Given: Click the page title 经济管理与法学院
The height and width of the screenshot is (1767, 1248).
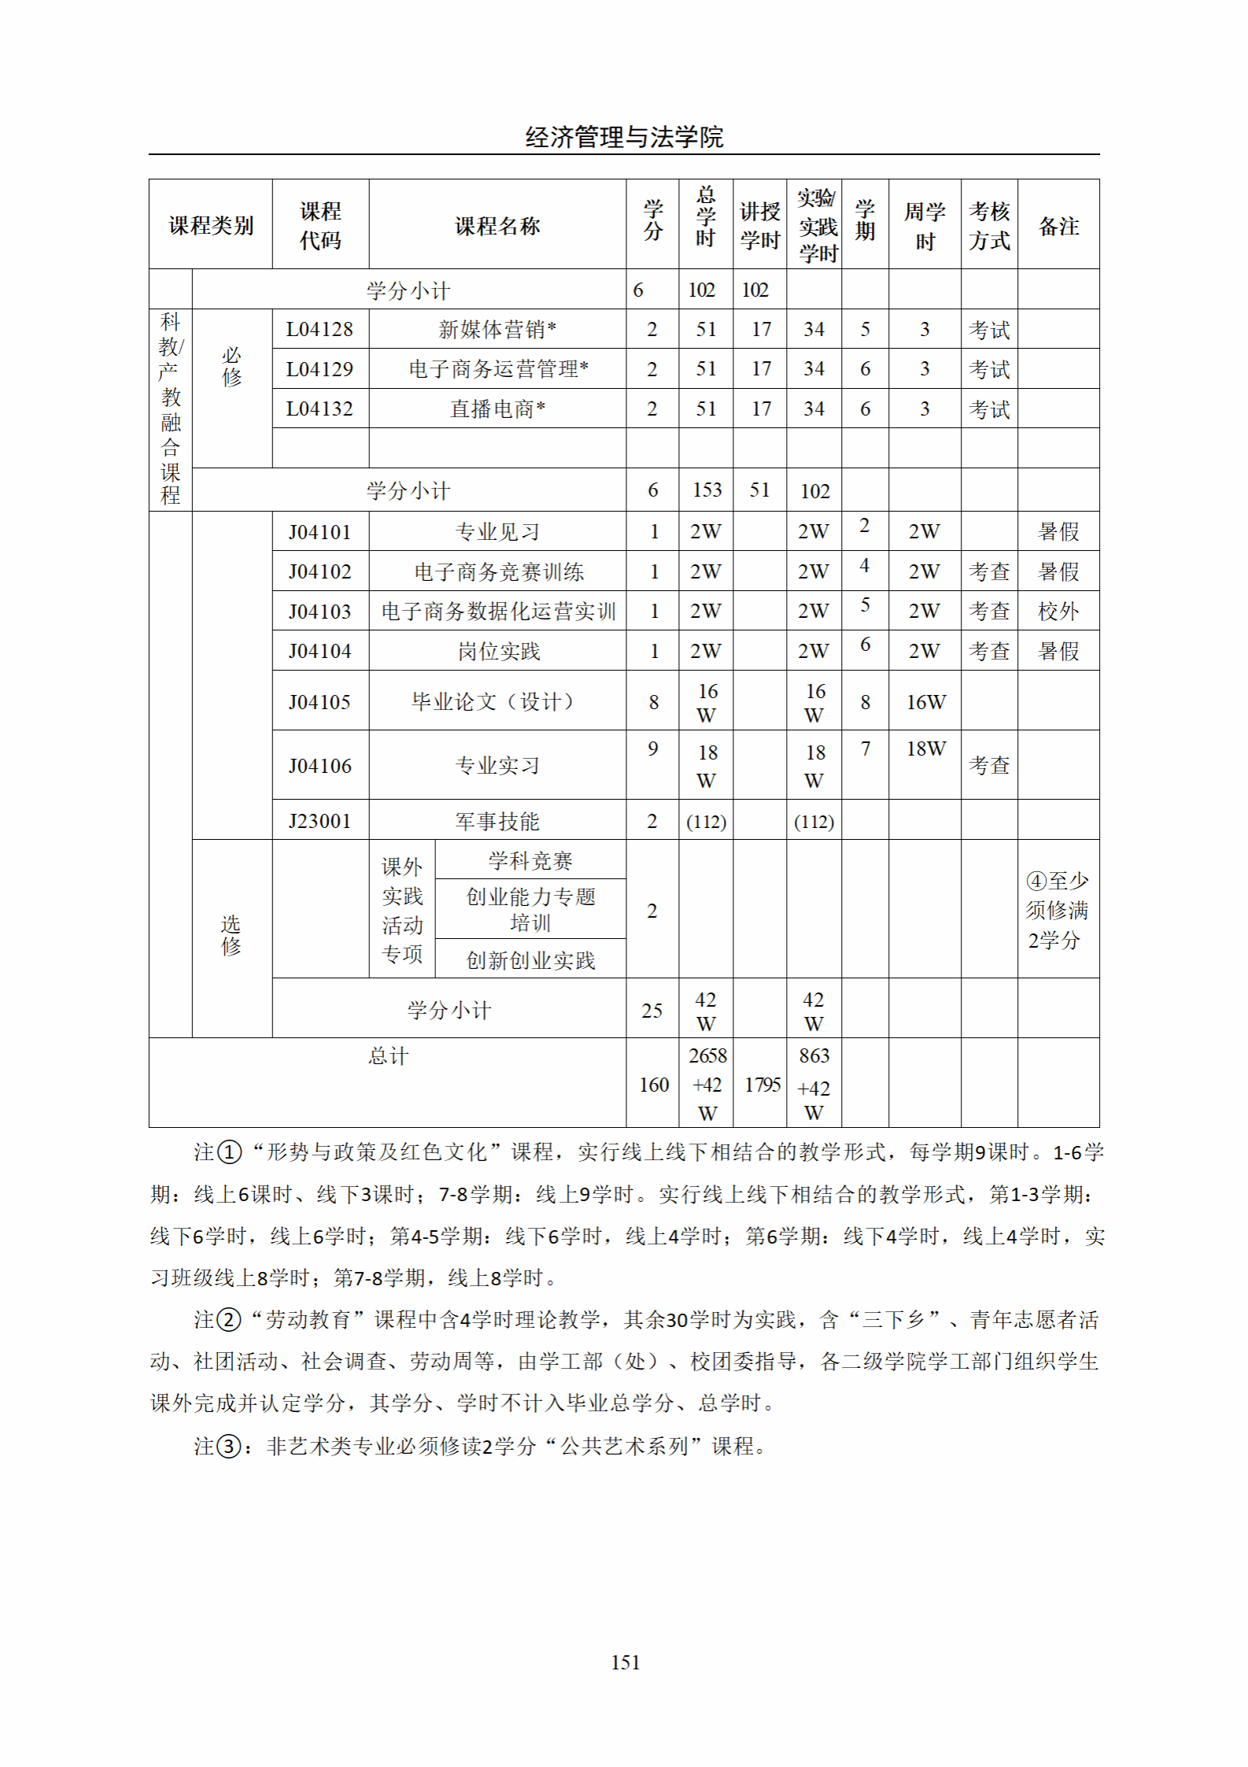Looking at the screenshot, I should [624, 137].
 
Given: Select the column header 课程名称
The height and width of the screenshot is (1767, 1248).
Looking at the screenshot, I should [497, 227].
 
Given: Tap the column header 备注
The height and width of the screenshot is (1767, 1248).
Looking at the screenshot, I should [1058, 227].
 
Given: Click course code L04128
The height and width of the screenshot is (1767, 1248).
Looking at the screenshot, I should [319, 329].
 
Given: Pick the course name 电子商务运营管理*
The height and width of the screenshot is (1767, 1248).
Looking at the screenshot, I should [498, 369].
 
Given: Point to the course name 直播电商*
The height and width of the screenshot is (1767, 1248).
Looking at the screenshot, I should [497, 409].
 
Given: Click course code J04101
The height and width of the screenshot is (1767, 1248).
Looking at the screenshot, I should [319, 532].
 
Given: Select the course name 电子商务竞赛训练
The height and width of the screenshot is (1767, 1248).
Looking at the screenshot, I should [499, 572].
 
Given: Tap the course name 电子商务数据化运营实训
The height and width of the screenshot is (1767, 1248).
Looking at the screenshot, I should [498, 612].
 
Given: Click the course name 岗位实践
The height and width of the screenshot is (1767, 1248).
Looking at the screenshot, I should [499, 652].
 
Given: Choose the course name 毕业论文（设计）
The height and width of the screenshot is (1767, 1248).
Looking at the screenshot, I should [493, 701].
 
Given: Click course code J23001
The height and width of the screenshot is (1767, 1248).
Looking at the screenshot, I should [319, 821].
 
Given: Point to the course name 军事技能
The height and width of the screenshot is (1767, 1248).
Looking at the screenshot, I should [497, 822].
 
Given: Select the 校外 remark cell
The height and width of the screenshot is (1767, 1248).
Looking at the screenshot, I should [1058, 612].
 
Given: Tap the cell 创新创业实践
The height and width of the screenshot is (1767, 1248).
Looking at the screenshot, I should [530, 960].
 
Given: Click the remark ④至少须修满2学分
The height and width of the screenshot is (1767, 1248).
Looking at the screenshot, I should [1057, 910].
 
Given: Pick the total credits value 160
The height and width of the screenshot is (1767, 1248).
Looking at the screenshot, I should [653, 1085].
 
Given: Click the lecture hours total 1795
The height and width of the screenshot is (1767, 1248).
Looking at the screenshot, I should [762, 1085].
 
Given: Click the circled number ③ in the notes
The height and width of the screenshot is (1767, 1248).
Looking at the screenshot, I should [228, 1446].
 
